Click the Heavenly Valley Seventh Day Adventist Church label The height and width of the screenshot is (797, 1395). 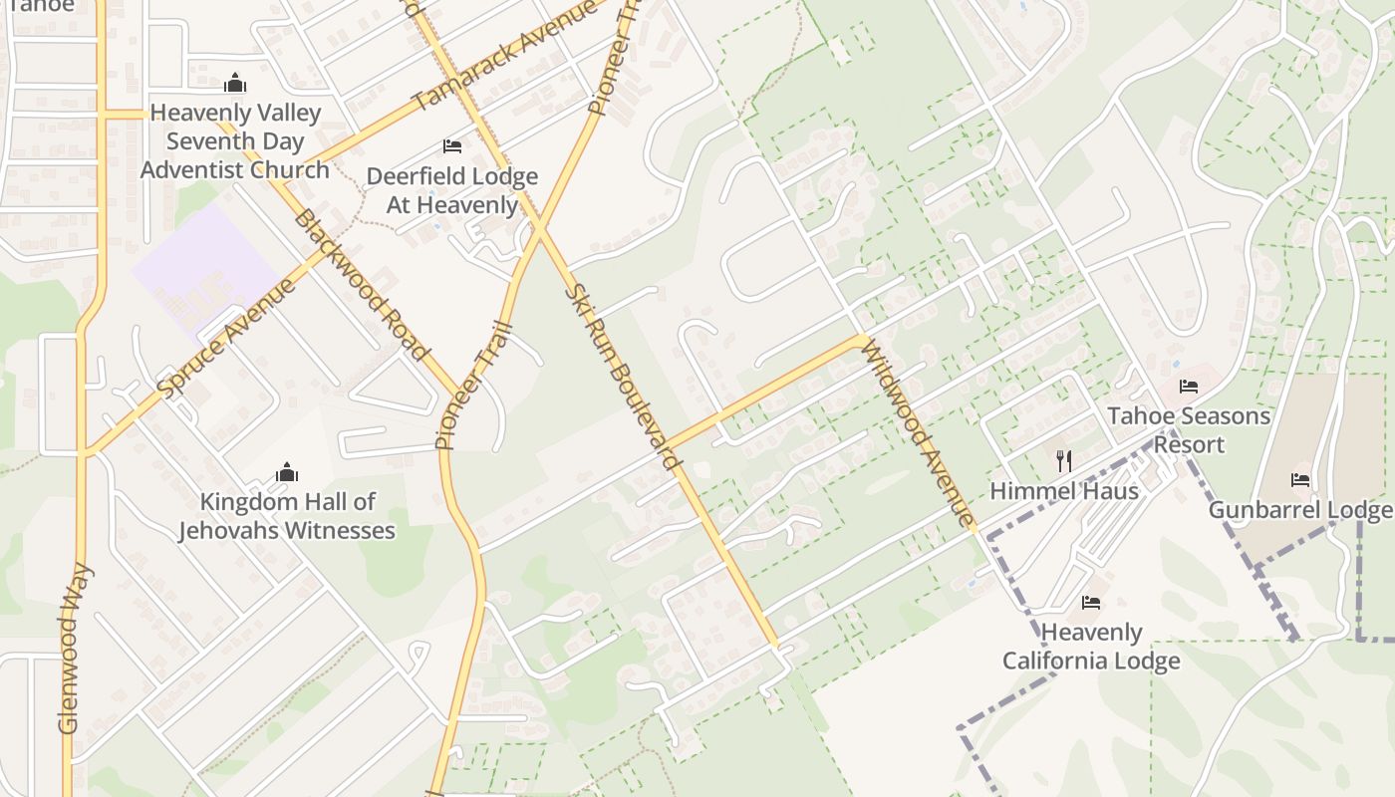pos(235,141)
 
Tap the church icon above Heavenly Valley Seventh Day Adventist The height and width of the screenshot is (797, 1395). pos(235,83)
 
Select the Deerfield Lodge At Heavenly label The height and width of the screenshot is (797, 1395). pos(451,190)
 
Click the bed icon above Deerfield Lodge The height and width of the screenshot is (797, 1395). pos(452,146)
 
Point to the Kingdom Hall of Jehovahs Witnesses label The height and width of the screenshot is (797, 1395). pos(287,516)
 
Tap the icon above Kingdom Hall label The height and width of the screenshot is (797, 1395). pos(287,471)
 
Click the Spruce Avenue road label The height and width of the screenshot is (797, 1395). pos(227,339)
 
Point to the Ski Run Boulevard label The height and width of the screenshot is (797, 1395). pos(623,377)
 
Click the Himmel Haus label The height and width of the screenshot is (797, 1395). pos(1064,491)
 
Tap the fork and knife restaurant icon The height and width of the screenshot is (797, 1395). pos(1064,460)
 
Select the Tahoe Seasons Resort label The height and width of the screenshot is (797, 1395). pos(1189,429)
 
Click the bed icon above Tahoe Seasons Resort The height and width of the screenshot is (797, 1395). pos(1189,387)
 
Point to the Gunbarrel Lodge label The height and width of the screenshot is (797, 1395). pos(1300,511)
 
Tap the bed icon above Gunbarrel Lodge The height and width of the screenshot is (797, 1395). pos(1300,480)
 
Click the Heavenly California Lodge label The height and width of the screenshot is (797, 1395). pos(1091,647)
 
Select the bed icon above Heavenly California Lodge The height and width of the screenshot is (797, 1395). pos(1091,603)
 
